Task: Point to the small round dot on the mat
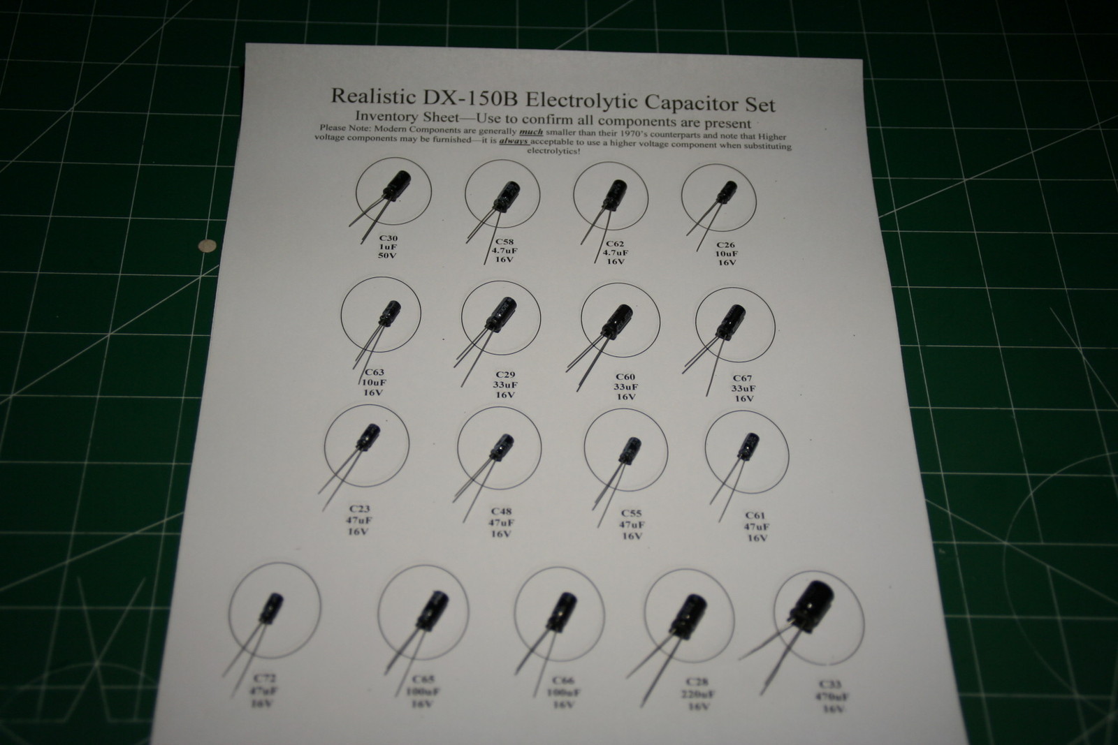tap(205, 245)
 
